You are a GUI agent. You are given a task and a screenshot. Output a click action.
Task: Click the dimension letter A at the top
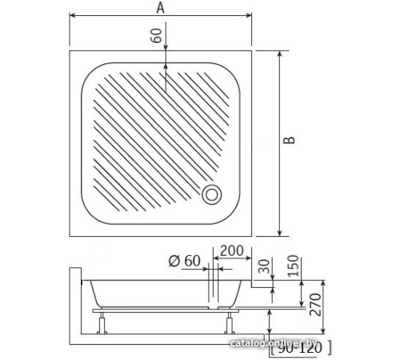161,9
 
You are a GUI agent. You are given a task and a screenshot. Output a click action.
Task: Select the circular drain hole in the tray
214,193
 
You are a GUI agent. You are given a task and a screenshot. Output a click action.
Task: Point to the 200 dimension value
232,251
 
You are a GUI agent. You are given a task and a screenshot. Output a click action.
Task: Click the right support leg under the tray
231,323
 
